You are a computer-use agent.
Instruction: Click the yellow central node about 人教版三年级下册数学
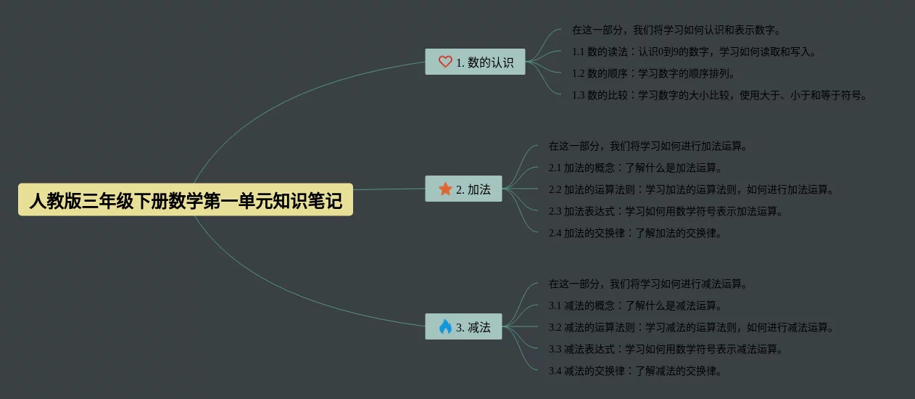point(186,200)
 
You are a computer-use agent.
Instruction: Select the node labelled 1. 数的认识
point(475,62)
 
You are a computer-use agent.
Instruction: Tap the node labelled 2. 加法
point(463,189)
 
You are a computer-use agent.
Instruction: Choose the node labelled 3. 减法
point(463,327)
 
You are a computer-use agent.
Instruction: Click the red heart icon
point(445,62)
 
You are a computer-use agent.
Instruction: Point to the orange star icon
point(445,189)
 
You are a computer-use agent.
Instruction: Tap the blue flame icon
point(445,327)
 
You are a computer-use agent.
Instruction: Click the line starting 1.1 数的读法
point(694,52)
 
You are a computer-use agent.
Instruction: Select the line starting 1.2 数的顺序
point(653,73)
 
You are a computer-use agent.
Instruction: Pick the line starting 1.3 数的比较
point(719,95)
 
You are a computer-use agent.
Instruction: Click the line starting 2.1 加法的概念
point(635,168)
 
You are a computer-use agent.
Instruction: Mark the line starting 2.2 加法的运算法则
point(691,189)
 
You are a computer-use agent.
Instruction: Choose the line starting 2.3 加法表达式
point(666,211)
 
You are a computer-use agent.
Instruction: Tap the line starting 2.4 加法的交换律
point(635,233)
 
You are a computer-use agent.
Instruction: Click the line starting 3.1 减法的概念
point(635,305)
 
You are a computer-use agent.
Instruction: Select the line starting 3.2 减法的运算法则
point(691,327)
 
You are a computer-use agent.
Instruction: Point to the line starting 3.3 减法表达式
point(666,349)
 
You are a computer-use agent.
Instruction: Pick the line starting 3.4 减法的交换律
point(635,371)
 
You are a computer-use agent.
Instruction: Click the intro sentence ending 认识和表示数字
point(676,30)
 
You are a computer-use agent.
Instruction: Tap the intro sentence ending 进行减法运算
point(647,284)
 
